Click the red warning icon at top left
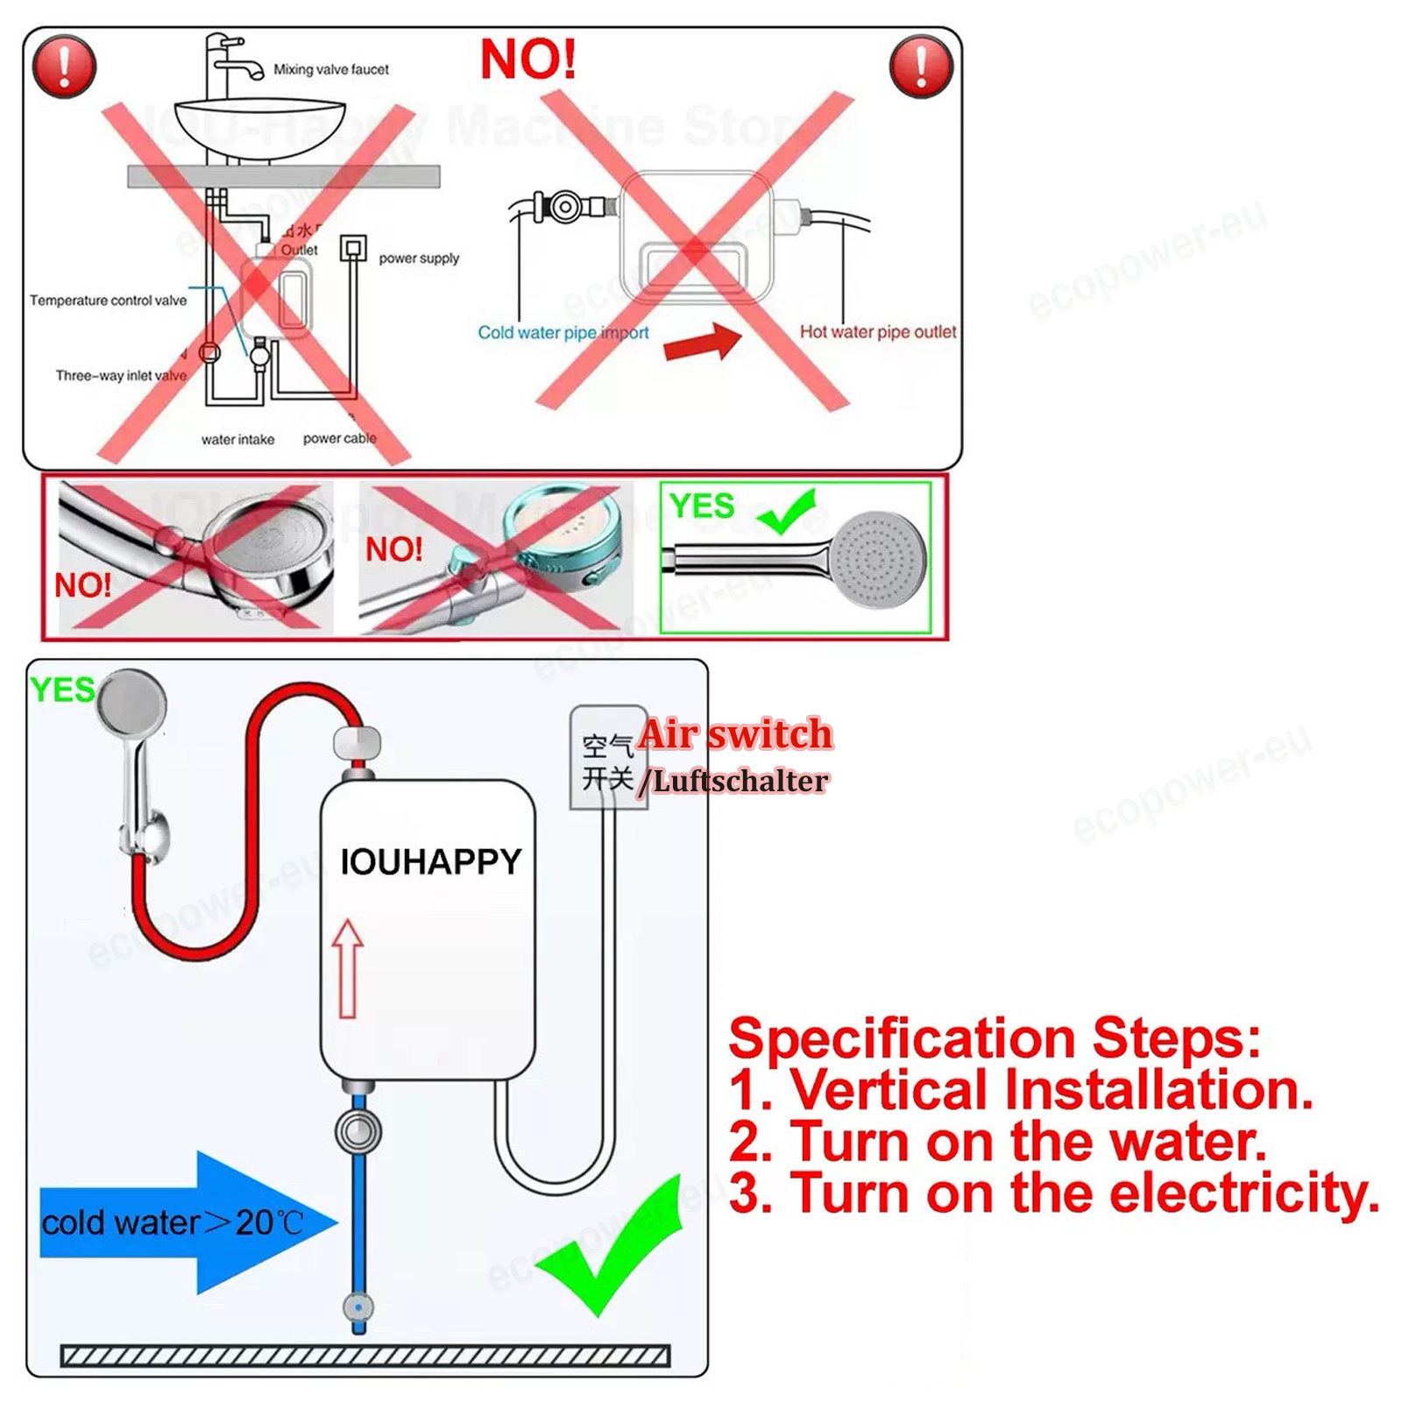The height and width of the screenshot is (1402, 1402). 64,67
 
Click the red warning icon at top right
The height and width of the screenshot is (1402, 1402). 921,67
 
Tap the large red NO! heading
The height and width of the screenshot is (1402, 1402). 528,60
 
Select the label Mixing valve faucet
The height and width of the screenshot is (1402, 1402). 331,69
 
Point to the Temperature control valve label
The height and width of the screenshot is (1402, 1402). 108,301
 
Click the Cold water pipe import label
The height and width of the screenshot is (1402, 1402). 563,333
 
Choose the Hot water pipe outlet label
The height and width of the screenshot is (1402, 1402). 877,332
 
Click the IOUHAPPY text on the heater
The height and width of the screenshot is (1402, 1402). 430,862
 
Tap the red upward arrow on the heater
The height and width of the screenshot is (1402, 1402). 348,967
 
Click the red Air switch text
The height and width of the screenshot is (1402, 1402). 735,734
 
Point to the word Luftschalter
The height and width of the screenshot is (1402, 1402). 740,782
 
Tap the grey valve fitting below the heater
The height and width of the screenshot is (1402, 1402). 358,1132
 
